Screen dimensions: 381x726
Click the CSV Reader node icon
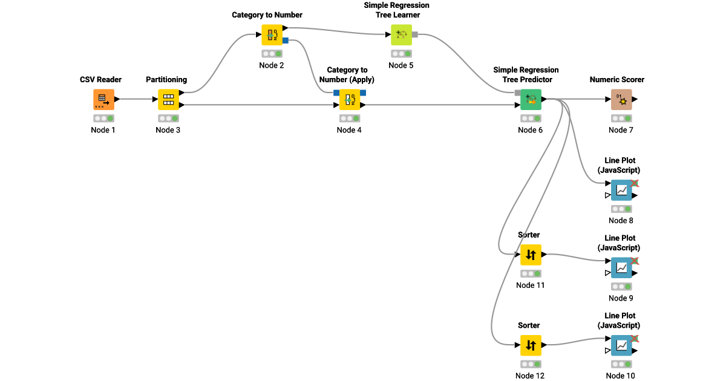(103, 99)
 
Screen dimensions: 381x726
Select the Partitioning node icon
(168, 99)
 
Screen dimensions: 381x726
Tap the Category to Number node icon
(272, 34)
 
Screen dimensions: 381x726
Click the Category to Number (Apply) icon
(349, 99)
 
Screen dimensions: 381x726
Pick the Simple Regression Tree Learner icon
(401, 34)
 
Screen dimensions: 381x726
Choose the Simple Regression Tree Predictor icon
(531, 99)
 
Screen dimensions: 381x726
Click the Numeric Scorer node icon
(621, 99)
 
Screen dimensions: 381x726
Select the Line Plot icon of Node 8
(621, 190)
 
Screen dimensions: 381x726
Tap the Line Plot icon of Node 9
(621, 267)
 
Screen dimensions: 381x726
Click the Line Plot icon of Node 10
(621, 345)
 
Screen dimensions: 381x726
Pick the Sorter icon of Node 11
(531, 255)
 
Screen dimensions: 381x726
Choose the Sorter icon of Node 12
(531, 345)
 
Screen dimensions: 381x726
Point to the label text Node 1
(103, 130)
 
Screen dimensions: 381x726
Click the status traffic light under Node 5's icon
(401, 53)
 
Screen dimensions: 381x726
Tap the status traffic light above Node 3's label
(168, 118)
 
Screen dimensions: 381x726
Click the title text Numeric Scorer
(616, 80)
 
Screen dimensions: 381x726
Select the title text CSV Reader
(101, 80)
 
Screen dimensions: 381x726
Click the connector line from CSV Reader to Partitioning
(136, 99)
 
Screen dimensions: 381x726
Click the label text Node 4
(349, 130)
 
